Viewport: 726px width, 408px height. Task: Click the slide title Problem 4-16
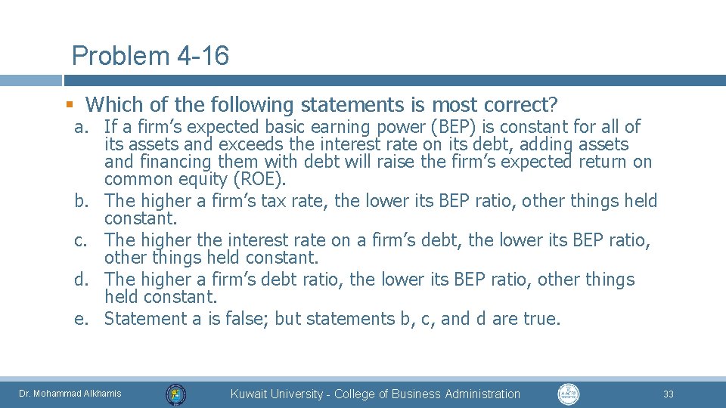150,56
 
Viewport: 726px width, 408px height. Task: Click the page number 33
668,394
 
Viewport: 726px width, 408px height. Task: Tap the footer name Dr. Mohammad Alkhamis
70,394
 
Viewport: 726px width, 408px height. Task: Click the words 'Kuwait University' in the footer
277,394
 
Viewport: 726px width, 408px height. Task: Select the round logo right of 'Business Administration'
569,394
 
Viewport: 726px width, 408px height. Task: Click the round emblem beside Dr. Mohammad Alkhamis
176,394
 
